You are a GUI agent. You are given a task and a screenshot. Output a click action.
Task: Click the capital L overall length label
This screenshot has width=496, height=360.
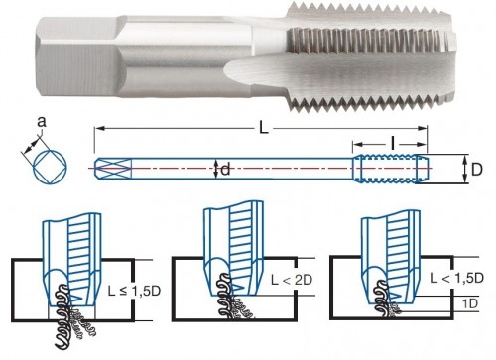pos(263,128)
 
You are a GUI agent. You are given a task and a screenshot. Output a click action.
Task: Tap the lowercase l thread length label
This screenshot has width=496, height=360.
pos(392,144)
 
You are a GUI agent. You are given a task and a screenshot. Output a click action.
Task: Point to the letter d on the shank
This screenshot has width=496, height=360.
pos(225,170)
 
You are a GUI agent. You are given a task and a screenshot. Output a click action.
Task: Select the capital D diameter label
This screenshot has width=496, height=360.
pos(476,170)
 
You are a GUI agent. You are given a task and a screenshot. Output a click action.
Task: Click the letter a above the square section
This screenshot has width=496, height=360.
pos(42,122)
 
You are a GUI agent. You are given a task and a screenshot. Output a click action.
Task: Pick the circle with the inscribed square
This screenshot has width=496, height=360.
pos(50,167)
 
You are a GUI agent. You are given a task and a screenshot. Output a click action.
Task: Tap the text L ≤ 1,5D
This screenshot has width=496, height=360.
pos(134,291)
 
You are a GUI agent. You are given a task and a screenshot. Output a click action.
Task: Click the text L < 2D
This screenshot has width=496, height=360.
pos(292,280)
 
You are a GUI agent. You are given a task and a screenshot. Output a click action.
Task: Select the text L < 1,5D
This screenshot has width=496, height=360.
pos(456,278)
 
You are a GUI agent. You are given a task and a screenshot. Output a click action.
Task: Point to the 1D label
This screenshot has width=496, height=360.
pos(470,303)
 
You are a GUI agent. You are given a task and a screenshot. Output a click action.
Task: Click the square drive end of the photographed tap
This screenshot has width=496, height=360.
pos(77,57)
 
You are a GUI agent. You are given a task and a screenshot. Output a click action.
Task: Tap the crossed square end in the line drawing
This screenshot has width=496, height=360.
pos(113,169)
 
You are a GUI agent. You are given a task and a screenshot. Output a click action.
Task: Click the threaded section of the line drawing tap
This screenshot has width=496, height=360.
pos(390,169)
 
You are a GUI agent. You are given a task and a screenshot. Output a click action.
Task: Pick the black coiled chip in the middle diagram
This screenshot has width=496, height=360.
pos(225,296)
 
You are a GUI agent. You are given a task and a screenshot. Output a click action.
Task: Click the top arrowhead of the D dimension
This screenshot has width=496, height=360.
pos(465,159)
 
